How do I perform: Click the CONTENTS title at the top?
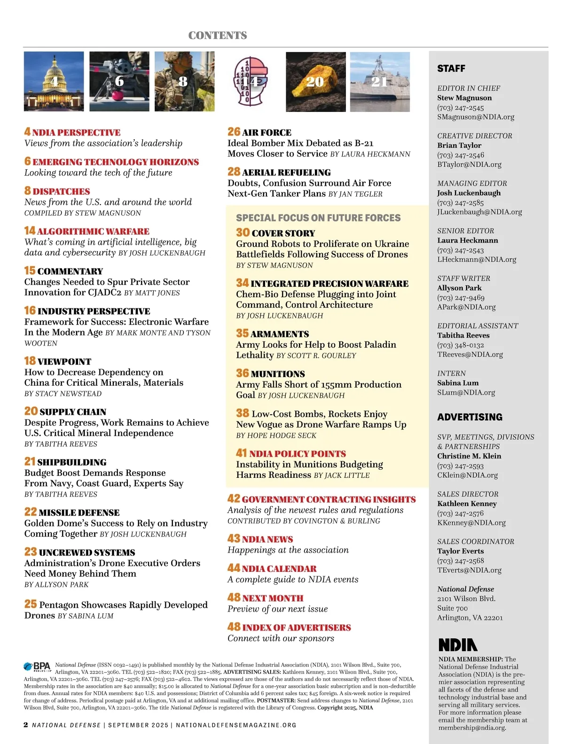[217, 36]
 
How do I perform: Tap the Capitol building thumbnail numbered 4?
[54, 81]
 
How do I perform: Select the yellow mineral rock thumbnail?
[315, 81]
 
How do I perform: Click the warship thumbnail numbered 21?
[380, 81]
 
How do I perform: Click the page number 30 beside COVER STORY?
[243, 232]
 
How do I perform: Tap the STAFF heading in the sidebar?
[451, 69]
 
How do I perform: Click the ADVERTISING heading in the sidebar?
[470, 417]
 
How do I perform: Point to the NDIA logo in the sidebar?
[458, 645]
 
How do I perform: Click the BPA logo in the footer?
[37, 667]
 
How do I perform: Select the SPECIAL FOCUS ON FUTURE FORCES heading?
[318, 218]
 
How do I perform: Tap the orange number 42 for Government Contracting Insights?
[234, 499]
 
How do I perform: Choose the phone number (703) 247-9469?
[461, 298]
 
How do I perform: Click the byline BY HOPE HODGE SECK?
[276, 435]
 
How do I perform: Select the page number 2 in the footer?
[26, 725]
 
